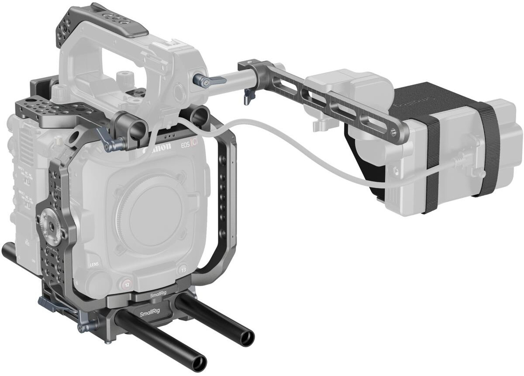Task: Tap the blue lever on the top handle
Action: [x=209, y=80]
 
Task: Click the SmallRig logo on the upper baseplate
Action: [x=158, y=296]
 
